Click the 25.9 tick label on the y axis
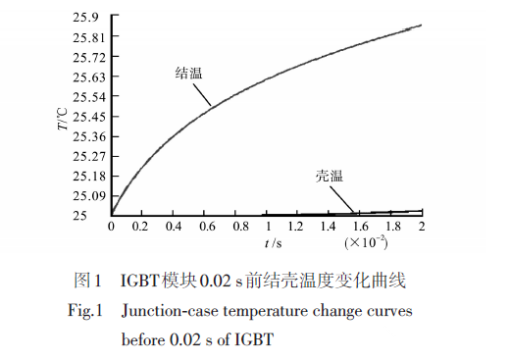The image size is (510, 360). pos(85,18)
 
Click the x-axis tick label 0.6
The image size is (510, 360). pos(205,226)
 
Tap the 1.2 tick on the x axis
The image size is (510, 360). pos(298,226)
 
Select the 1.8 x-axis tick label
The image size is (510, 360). pos(391,226)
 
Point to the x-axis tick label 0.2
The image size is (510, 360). pos(143,226)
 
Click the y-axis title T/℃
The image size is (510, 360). pos(62,120)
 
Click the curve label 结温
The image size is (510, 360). pos(188,75)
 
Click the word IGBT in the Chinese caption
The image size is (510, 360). pos(142,282)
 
